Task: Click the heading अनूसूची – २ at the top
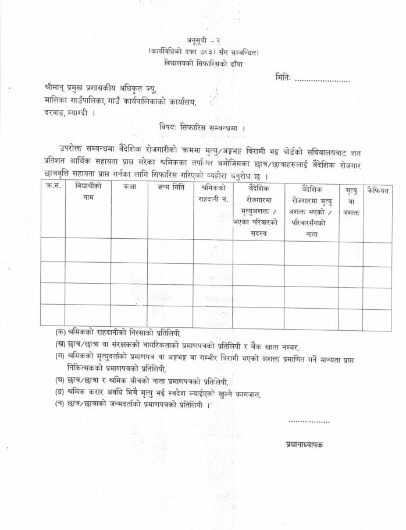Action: pos(204,40)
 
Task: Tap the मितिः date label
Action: pos(283,78)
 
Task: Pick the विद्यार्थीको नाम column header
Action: pos(88,192)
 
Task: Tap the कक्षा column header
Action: pos(129,188)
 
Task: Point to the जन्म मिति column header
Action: pos(170,188)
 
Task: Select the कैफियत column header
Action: pos(377,190)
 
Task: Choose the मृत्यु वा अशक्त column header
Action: pos(351,201)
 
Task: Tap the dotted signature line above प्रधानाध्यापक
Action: pos(309,421)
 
